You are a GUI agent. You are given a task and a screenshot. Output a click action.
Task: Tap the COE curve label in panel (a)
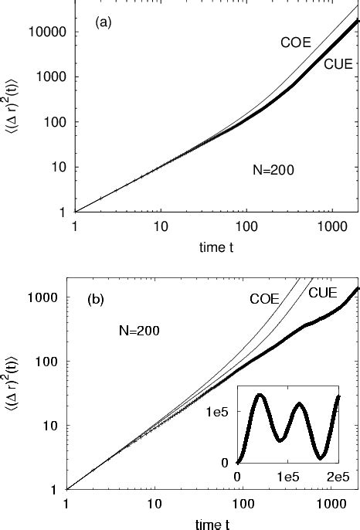(x=295, y=43)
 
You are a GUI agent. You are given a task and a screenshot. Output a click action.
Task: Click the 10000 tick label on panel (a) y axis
(x=51, y=32)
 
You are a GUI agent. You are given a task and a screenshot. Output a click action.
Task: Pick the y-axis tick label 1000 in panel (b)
(x=53, y=297)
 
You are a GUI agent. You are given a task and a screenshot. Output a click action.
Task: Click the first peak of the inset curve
(x=260, y=395)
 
